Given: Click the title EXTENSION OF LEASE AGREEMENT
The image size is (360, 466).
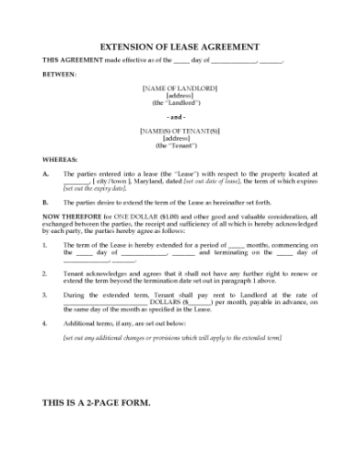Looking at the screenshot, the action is click(x=180, y=46).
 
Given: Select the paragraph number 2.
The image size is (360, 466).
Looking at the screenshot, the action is click(x=46, y=273).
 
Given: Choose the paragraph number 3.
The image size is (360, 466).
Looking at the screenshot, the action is click(x=46, y=296).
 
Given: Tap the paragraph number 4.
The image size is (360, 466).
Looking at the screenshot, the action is click(x=46, y=324).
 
